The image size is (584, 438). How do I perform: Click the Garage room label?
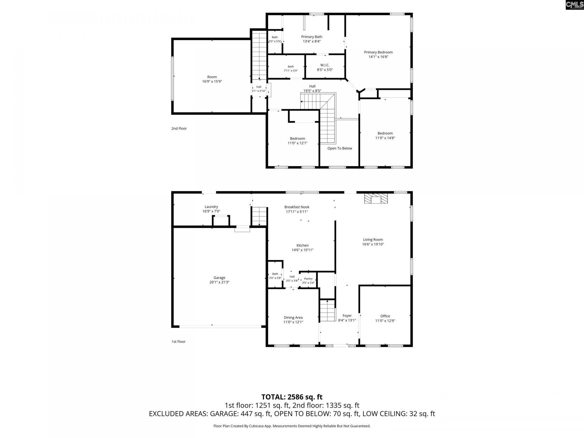[x=219, y=277]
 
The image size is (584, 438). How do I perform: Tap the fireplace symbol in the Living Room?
[x=376, y=198]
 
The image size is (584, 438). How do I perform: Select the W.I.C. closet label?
[x=325, y=65]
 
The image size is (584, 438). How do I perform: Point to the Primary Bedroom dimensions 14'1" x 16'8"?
[x=378, y=57]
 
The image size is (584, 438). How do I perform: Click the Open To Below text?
[x=340, y=148]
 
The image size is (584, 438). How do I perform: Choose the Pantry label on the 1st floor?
[x=308, y=279]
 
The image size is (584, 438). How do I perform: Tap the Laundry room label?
[x=211, y=207]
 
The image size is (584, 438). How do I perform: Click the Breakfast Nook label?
[x=297, y=207]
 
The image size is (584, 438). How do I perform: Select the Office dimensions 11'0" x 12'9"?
[x=385, y=321]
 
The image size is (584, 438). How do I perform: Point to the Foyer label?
[x=347, y=316]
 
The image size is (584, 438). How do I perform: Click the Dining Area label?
[x=293, y=318]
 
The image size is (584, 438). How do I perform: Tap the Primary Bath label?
[x=312, y=37]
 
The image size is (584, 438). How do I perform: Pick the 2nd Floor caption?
[x=179, y=128]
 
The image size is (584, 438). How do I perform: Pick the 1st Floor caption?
[x=179, y=342]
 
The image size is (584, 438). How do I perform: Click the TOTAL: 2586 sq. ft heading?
[x=292, y=397]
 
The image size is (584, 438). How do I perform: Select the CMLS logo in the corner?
[x=575, y=5]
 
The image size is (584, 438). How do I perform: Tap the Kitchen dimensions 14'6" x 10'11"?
[x=302, y=250]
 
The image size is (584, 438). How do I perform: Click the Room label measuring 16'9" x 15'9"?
[x=212, y=77]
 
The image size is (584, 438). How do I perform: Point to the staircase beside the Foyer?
[x=327, y=310]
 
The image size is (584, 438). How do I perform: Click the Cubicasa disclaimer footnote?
[x=292, y=426]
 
